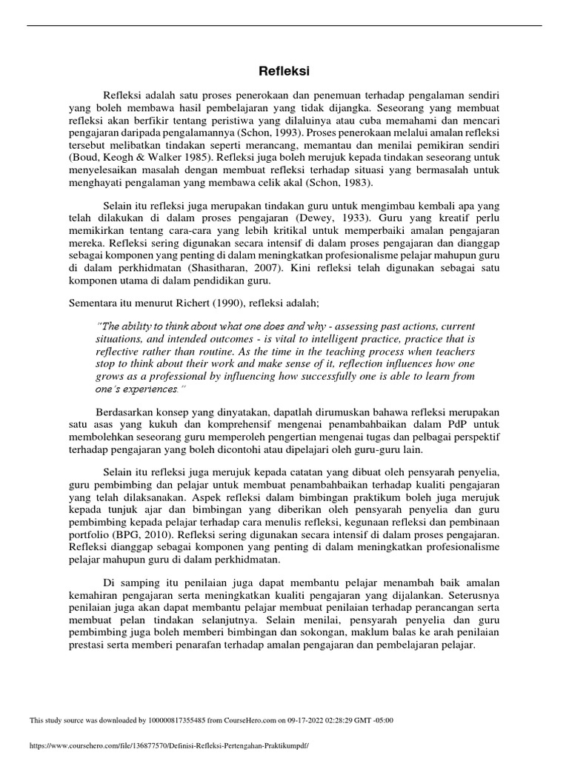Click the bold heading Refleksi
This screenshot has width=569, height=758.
284,72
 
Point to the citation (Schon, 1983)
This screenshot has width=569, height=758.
349,182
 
